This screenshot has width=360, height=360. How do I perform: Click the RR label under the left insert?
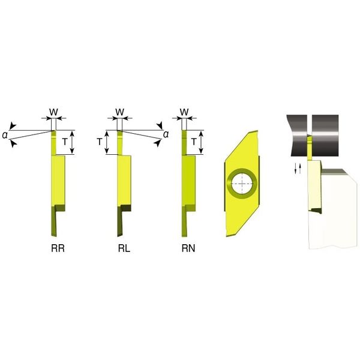58,248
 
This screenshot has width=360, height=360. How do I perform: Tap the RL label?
124,248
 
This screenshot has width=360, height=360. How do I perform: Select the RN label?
188,248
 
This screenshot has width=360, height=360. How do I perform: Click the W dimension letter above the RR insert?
53,112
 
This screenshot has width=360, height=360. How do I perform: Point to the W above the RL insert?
119,112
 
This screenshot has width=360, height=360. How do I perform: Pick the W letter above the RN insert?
184,112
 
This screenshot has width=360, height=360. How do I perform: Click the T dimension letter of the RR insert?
65,142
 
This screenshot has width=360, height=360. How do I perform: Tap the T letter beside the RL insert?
100,142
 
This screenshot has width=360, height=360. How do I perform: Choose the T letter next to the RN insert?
194,142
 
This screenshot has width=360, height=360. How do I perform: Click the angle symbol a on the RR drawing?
5,135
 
